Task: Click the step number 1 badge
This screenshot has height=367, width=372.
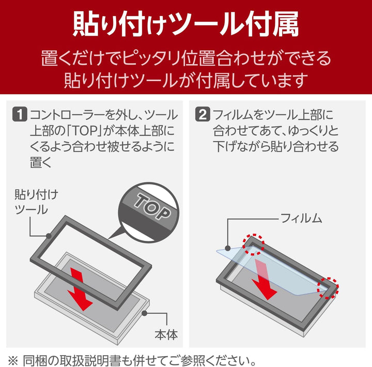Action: (20, 114)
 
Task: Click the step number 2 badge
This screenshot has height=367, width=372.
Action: (203, 114)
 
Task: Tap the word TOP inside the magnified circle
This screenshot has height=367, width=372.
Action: (152, 206)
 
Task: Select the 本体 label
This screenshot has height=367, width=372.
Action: (166, 335)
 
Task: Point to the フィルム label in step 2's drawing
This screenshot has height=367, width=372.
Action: (301, 218)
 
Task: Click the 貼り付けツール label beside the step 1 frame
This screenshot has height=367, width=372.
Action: (36, 202)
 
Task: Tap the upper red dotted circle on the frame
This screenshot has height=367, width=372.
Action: (253, 244)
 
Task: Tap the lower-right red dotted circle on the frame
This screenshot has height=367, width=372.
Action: (328, 288)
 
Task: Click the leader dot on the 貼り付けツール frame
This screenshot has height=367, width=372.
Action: (49, 236)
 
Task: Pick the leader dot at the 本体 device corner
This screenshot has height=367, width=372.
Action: (144, 313)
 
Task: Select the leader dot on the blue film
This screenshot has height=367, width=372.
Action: (227, 248)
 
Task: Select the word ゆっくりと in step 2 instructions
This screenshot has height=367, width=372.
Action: (313, 131)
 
